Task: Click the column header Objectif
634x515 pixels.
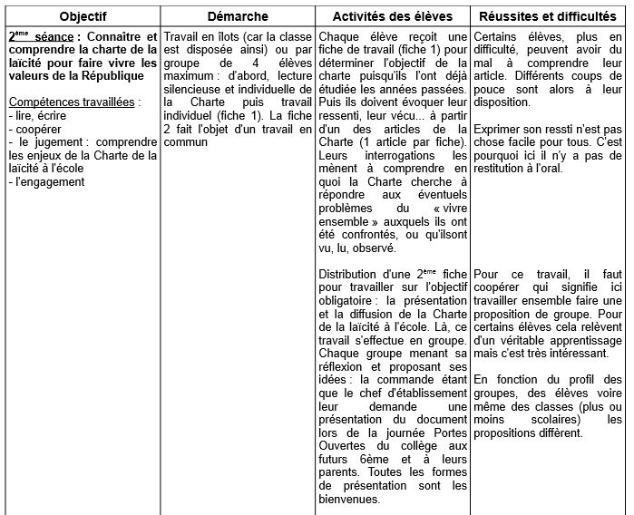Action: point(81,16)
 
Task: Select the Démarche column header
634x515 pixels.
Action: point(238,16)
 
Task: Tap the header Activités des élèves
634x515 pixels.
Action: point(393,16)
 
